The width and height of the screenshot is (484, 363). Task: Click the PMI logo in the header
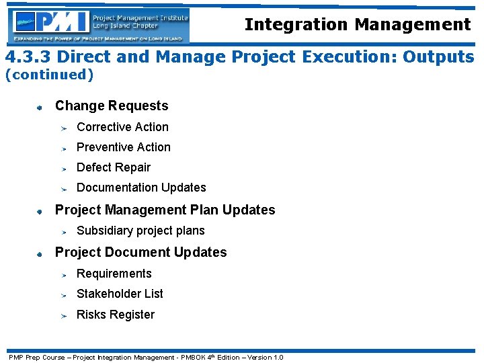click(x=99, y=26)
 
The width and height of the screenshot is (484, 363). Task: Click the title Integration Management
click(x=357, y=25)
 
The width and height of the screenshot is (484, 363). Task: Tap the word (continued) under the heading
click(x=49, y=75)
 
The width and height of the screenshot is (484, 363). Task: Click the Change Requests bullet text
click(x=112, y=106)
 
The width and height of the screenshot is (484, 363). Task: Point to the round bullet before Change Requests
click(x=40, y=106)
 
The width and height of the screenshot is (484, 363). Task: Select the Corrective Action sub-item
click(x=122, y=127)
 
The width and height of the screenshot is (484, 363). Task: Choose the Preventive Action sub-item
click(x=124, y=147)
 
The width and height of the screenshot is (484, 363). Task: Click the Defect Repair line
click(x=114, y=167)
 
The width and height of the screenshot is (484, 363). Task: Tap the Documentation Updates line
click(x=141, y=188)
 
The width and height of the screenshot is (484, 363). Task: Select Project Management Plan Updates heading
click(x=165, y=210)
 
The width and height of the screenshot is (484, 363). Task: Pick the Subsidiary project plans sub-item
click(x=140, y=231)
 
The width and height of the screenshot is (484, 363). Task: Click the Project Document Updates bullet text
click(x=140, y=252)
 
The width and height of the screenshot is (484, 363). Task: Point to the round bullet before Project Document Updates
click(x=40, y=253)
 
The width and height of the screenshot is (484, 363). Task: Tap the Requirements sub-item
click(x=114, y=274)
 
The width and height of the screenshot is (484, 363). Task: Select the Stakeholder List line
click(x=120, y=294)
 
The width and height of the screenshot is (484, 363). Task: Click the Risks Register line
click(x=116, y=315)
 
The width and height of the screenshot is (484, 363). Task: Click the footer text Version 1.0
click(x=266, y=357)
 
